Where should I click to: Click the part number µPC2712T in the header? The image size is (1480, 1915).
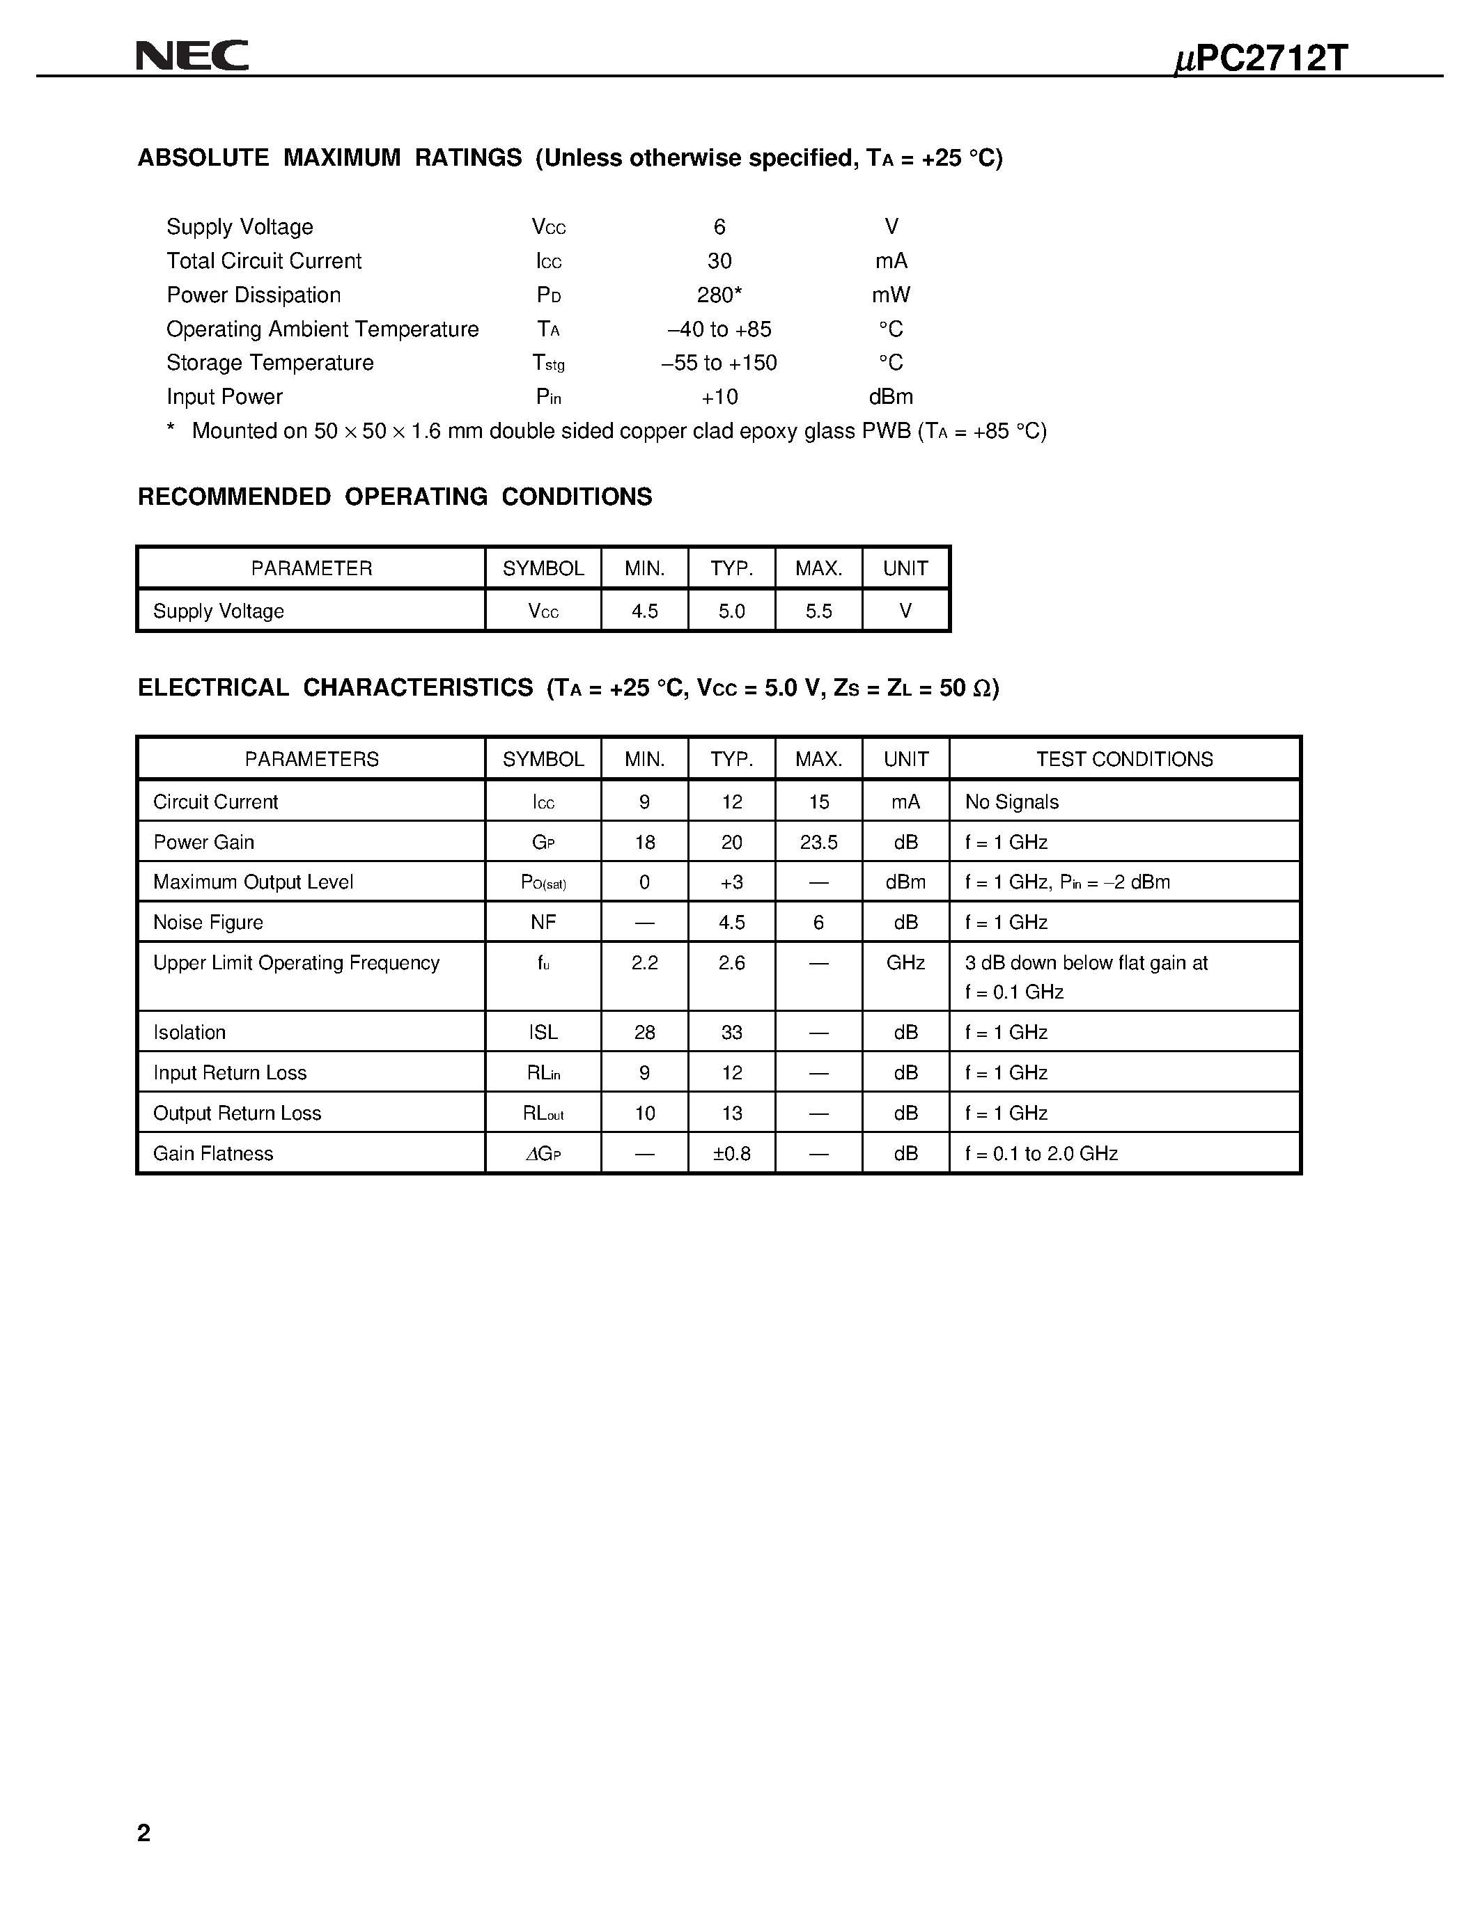[1260, 58]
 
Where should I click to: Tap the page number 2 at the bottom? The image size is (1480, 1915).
[143, 1833]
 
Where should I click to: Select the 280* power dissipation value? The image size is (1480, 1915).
[719, 295]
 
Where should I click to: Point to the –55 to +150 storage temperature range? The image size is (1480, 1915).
[719, 363]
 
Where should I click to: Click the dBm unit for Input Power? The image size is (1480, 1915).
[891, 397]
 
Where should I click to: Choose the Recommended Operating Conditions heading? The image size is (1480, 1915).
[394, 497]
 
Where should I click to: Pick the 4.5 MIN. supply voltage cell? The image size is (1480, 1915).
[644, 611]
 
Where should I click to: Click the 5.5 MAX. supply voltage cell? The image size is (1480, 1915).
[819, 611]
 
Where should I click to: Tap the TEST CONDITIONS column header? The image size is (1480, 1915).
[1124, 759]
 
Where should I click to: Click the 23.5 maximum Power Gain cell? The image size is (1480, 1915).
[819, 843]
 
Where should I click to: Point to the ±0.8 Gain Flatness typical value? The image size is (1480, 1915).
[732, 1154]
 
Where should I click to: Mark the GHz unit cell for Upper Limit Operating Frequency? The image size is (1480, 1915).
[905, 963]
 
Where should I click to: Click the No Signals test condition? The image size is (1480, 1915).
[1012, 802]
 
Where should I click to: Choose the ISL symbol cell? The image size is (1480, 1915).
[543, 1033]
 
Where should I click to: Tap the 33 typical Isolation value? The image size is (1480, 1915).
[732, 1033]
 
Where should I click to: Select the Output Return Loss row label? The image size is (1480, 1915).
[237, 1113]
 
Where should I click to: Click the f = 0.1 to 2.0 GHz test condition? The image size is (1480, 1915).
[1042, 1154]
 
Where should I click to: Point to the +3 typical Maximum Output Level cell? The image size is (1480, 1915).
[732, 883]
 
